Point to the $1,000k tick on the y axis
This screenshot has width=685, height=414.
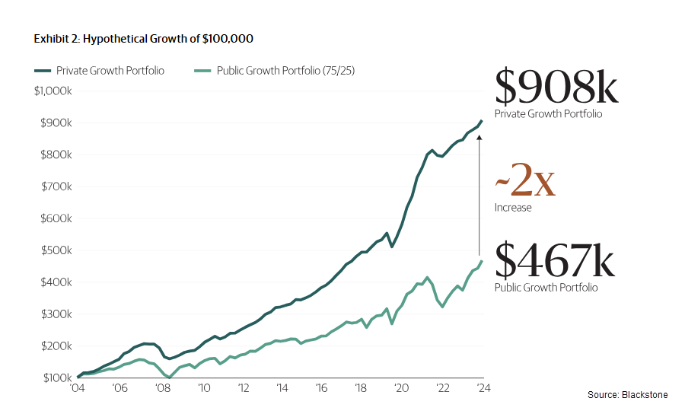[x=53, y=91]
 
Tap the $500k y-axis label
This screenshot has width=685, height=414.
[x=56, y=250]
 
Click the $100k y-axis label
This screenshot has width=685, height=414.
[x=56, y=378]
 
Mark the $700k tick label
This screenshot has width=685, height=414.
[x=56, y=186]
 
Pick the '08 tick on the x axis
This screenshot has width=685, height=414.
[x=162, y=388]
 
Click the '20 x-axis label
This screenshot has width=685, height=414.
[x=401, y=388]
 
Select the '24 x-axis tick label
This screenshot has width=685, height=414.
[x=483, y=388]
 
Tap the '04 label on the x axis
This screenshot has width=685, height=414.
[x=78, y=388]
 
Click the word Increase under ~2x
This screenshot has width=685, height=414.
[x=513, y=208]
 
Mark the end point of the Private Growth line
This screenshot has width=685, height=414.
[x=482, y=120]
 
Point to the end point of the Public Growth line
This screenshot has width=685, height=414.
[x=482, y=261]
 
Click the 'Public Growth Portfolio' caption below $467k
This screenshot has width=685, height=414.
[x=546, y=288]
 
